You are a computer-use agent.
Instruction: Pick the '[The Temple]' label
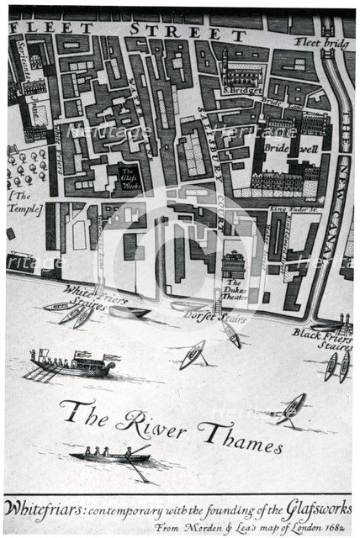[24, 202]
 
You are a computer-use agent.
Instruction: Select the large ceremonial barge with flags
[74, 363]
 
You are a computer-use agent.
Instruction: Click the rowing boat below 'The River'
[110, 456]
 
